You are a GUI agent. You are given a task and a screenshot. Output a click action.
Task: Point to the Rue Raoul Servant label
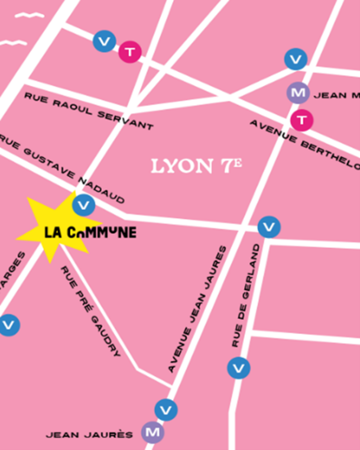coord(88,111)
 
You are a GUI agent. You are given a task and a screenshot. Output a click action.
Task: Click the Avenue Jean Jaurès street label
coord(198,308)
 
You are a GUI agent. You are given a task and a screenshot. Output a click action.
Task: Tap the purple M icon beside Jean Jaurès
coord(152,433)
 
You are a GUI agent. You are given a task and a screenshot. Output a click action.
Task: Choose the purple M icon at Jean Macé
coord(298,93)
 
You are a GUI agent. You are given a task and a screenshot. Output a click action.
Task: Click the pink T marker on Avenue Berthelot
coord(301,120)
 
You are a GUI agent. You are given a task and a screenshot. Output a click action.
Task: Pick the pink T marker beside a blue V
coord(129,52)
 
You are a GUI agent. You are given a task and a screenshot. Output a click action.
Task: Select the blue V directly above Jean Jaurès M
coord(166,409)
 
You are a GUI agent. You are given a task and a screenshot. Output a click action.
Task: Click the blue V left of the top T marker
coord(105,41)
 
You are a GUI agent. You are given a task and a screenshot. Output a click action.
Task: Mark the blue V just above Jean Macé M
coord(296,59)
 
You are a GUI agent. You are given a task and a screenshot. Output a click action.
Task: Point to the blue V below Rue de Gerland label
coord(238,368)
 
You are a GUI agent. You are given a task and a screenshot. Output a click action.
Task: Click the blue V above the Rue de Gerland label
coord(269,226)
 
